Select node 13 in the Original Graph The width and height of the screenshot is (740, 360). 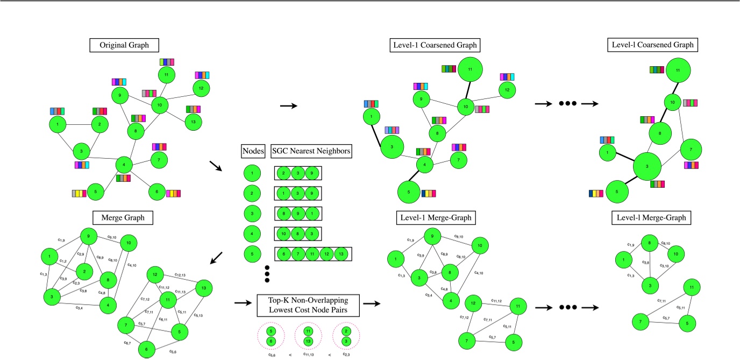[x=194, y=122]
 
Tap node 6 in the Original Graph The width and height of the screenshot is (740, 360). [x=156, y=190]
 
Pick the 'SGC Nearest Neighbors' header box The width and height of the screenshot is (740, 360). [x=311, y=152]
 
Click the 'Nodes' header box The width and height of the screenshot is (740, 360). [x=253, y=152]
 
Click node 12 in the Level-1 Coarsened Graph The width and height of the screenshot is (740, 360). [x=505, y=90]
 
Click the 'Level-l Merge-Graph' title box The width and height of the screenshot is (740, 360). [x=651, y=218]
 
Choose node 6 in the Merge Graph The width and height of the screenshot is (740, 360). [x=146, y=350]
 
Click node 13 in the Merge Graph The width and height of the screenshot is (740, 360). [x=203, y=288]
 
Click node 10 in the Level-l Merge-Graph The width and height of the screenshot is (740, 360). [x=677, y=253]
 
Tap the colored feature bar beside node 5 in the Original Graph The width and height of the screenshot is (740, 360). [x=79, y=193]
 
